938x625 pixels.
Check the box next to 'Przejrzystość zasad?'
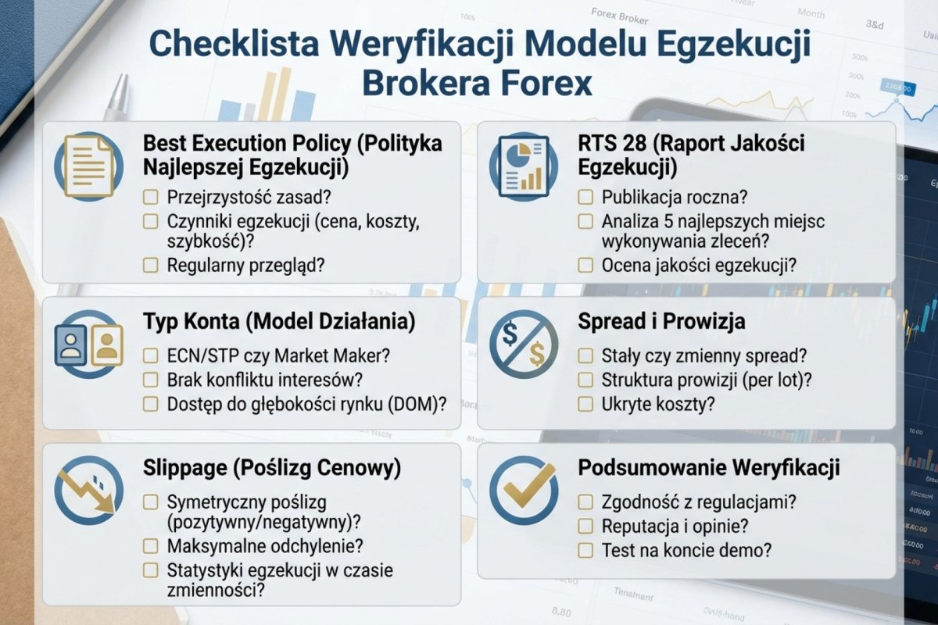pyautogui.click(x=151, y=198)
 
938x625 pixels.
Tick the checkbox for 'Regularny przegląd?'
pyautogui.click(x=151, y=265)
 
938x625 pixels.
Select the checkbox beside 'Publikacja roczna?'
pyautogui.click(x=585, y=198)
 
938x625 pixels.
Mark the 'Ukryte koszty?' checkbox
pyautogui.click(x=585, y=404)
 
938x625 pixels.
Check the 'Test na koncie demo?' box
pyautogui.click(x=585, y=550)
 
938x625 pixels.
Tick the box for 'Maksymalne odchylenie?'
pyautogui.click(x=151, y=545)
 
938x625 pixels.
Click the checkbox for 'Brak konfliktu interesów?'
pyautogui.click(x=151, y=380)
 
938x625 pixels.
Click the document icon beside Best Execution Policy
pyautogui.click(x=88, y=165)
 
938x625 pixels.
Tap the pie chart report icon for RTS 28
pyautogui.click(x=523, y=165)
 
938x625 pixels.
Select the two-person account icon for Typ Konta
pyautogui.click(x=88, y=345)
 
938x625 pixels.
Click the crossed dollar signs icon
pyautogui.click(x=523, y=345)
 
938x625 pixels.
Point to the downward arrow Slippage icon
pyautogui.click(x=88, y=491)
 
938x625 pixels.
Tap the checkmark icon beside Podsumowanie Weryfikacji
pyautogui.click(x=523, y=491)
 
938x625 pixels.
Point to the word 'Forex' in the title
pyautogui.click(x=541, y=83)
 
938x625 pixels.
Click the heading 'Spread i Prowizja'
pyautogui.click(x=661, y=321)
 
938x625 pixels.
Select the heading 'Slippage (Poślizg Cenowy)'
pyautogui.click(x=272, y=467)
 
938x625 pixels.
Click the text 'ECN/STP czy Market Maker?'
pyautogui.click(x=278, y=355)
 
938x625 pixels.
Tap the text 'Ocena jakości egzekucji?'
pyautogui.click(x=699, y=265)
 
